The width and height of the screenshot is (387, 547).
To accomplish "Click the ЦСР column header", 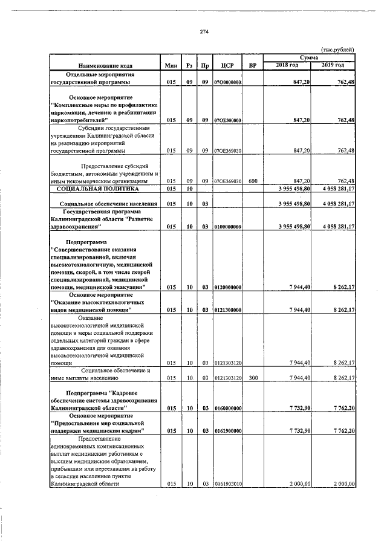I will coord(227,65).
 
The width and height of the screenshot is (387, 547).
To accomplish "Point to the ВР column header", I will coord(253,65).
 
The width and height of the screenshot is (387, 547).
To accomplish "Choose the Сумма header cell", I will coord(309,57).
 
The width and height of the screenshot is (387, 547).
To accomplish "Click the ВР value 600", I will coord(253,181).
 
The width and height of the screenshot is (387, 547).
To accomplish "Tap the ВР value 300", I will coord(253,378).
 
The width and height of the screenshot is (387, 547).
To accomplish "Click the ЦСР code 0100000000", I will coord(227,227).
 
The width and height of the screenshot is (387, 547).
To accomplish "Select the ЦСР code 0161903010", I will coord(227,484).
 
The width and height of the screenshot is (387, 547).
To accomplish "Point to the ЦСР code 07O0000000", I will coord(227,82).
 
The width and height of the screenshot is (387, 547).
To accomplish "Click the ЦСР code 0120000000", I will coord(227,287).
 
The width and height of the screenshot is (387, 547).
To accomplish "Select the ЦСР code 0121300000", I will coord(227,309).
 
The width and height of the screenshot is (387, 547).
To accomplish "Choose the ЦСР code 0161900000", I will coord(227,431).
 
